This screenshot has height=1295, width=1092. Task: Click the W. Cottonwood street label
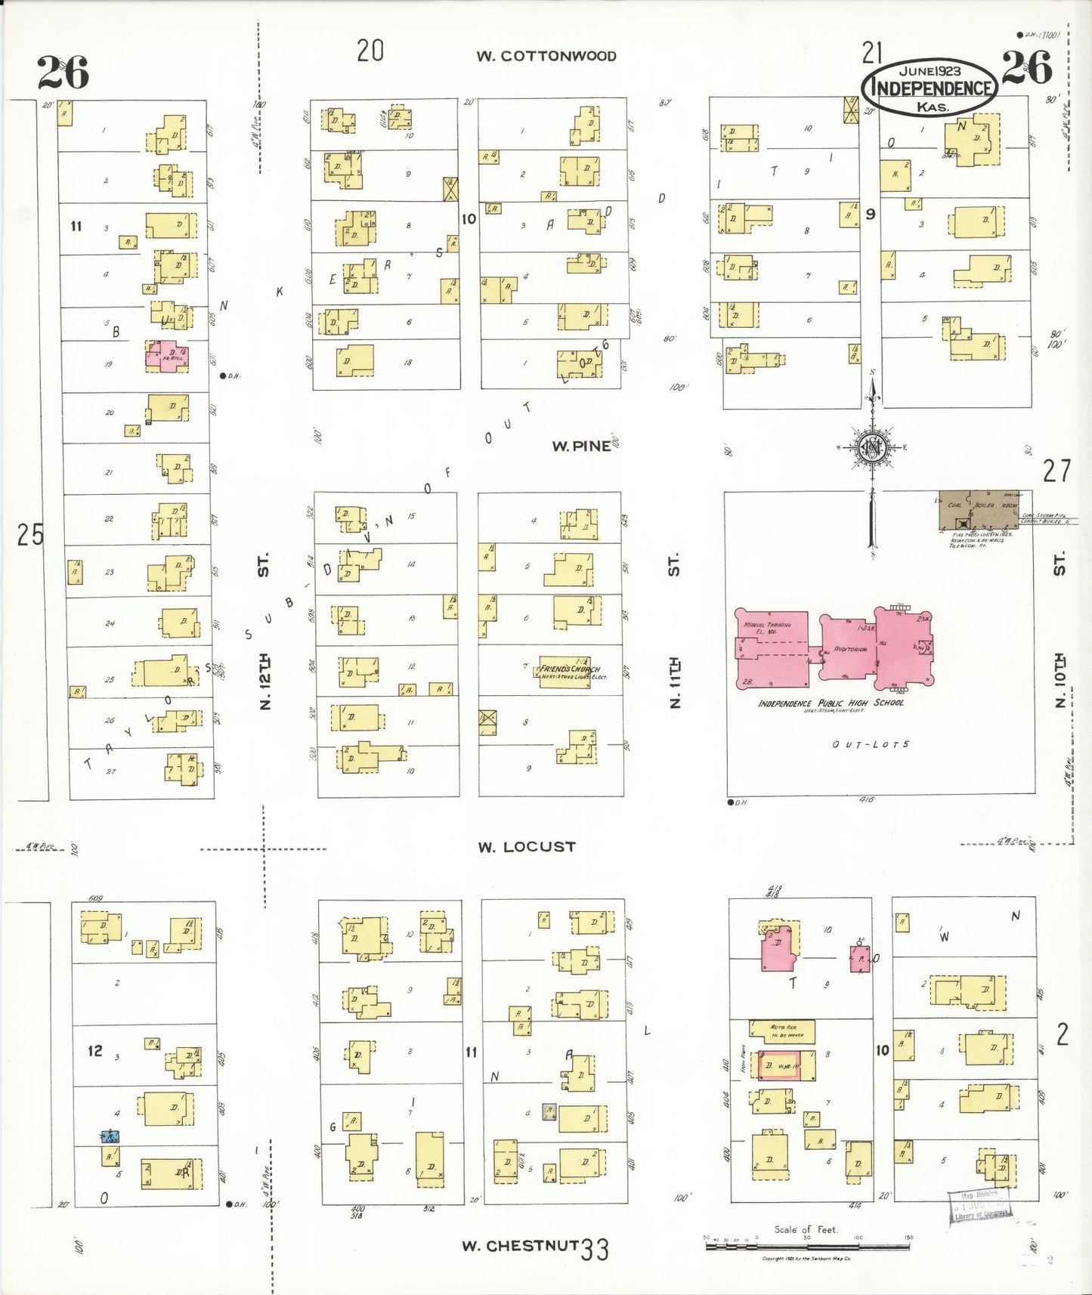click(x=546, y=56)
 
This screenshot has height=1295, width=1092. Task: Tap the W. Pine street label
click(x=580, y=446)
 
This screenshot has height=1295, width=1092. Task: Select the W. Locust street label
click(x=526, y=847)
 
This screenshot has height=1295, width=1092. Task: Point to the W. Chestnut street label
click(x=520, y=1245)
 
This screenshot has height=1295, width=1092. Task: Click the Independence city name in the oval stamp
click(x=930, y=88)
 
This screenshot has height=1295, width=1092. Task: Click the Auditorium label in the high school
click(x=850, y=649)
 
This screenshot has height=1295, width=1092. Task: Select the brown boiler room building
click(x=978, y=512)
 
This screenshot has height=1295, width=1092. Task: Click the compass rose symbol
click(x=871, y=447)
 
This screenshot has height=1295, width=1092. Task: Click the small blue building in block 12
click(x=110, y=1136)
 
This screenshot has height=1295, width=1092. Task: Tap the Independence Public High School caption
click(x=831, y=703)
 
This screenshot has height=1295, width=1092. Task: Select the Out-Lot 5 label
click(x=871, y=744)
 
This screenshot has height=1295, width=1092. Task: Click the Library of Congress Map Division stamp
click(x=979, y=1204)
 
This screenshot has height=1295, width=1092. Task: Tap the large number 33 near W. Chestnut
click(x=595, y=1249)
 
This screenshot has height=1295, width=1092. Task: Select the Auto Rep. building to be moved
click(x=781, y=1031)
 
